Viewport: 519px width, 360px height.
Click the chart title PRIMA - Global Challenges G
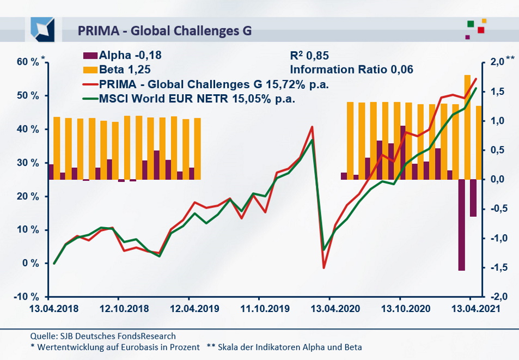click(164, 30)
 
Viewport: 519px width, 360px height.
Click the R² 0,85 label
click(309, 55)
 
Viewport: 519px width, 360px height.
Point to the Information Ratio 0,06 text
click(351, 70)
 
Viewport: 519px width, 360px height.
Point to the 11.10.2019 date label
click(259, 308)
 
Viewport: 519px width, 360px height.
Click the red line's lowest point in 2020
click(323, 267)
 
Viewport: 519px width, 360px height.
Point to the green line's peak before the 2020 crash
click(312, 140)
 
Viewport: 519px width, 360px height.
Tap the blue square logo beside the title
click(42, 29)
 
